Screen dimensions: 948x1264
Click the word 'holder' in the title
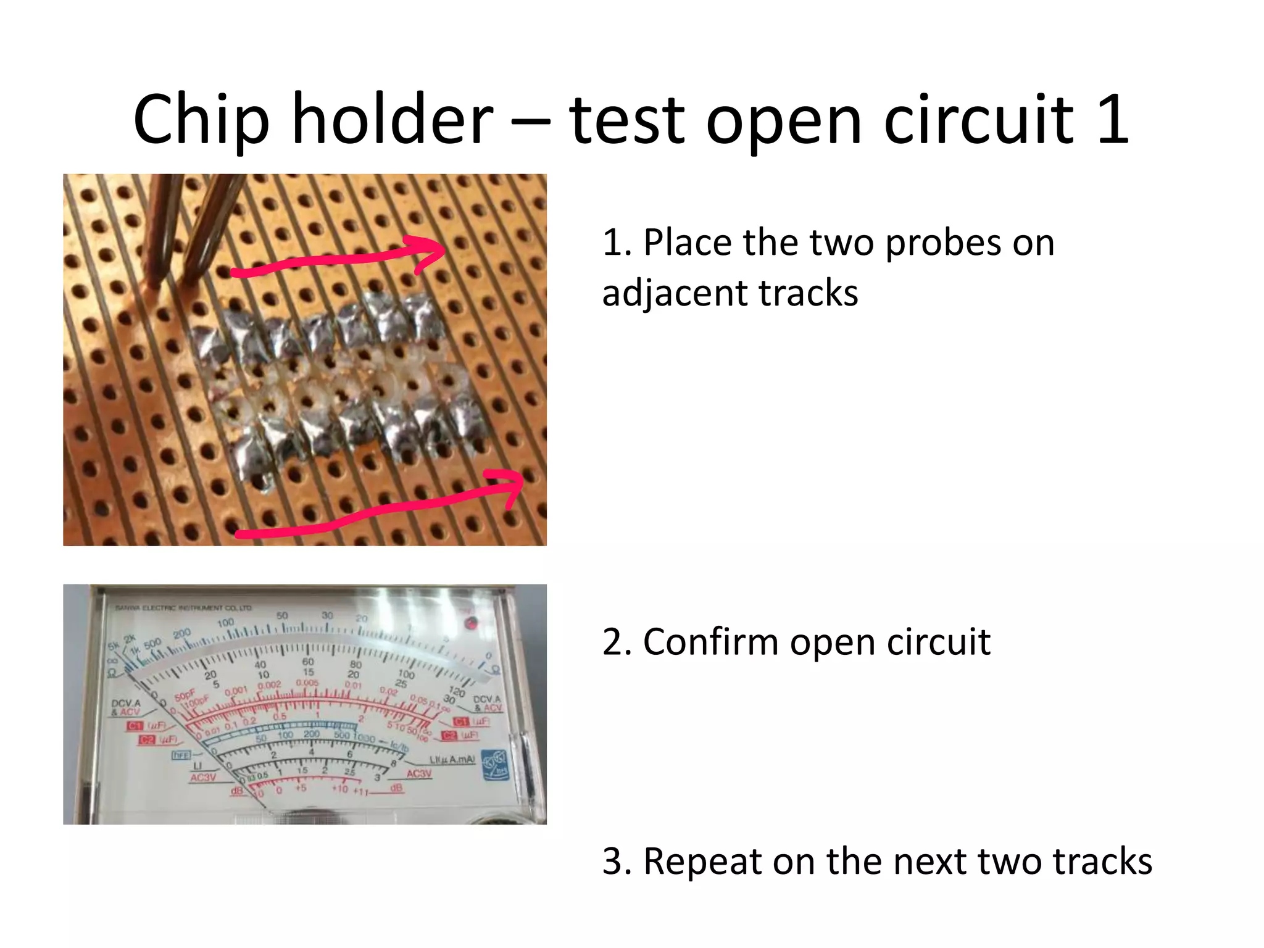point(392,118)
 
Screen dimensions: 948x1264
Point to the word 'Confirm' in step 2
point(712,642)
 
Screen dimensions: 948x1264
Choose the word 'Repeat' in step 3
point(702,861)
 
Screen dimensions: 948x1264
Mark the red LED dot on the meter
point(471,623)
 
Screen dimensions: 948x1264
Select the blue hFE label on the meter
point(180,754)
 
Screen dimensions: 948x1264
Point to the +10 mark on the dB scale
point(340,789)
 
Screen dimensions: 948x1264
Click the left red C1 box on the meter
point(135,726)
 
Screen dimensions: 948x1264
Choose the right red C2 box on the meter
point(450,735)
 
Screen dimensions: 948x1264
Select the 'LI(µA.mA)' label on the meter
point(452,759)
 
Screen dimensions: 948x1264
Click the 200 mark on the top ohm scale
point(182,634)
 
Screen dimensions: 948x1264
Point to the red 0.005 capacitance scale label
point(307,683)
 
